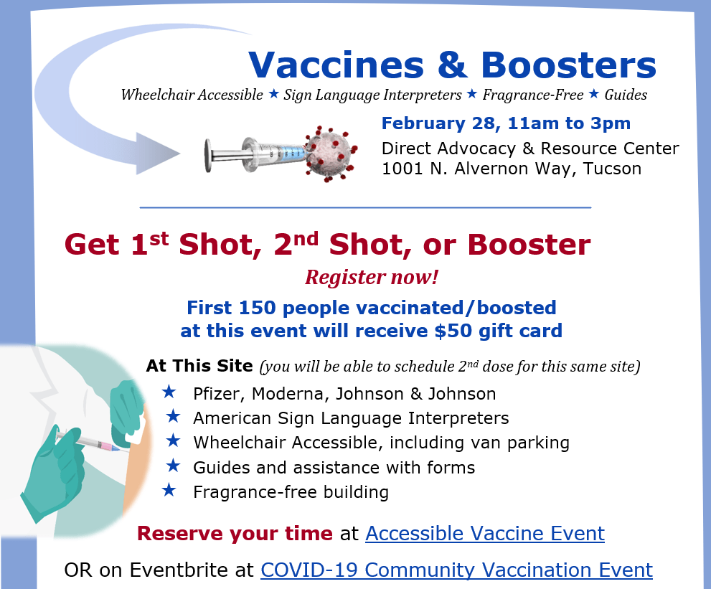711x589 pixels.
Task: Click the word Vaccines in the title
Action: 335,65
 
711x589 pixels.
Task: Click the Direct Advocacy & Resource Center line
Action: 530,149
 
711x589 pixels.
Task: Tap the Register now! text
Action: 372,277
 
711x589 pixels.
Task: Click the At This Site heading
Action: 199,366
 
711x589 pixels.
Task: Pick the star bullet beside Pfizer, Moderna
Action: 169,392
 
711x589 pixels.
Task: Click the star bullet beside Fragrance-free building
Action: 169,491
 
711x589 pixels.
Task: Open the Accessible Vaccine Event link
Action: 484,534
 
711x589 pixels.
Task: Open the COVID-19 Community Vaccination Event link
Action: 456,570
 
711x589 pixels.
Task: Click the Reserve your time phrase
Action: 235,534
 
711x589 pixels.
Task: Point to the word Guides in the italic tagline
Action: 626,95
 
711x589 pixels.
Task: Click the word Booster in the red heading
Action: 529,245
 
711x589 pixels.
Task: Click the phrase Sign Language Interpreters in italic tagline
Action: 372,95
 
